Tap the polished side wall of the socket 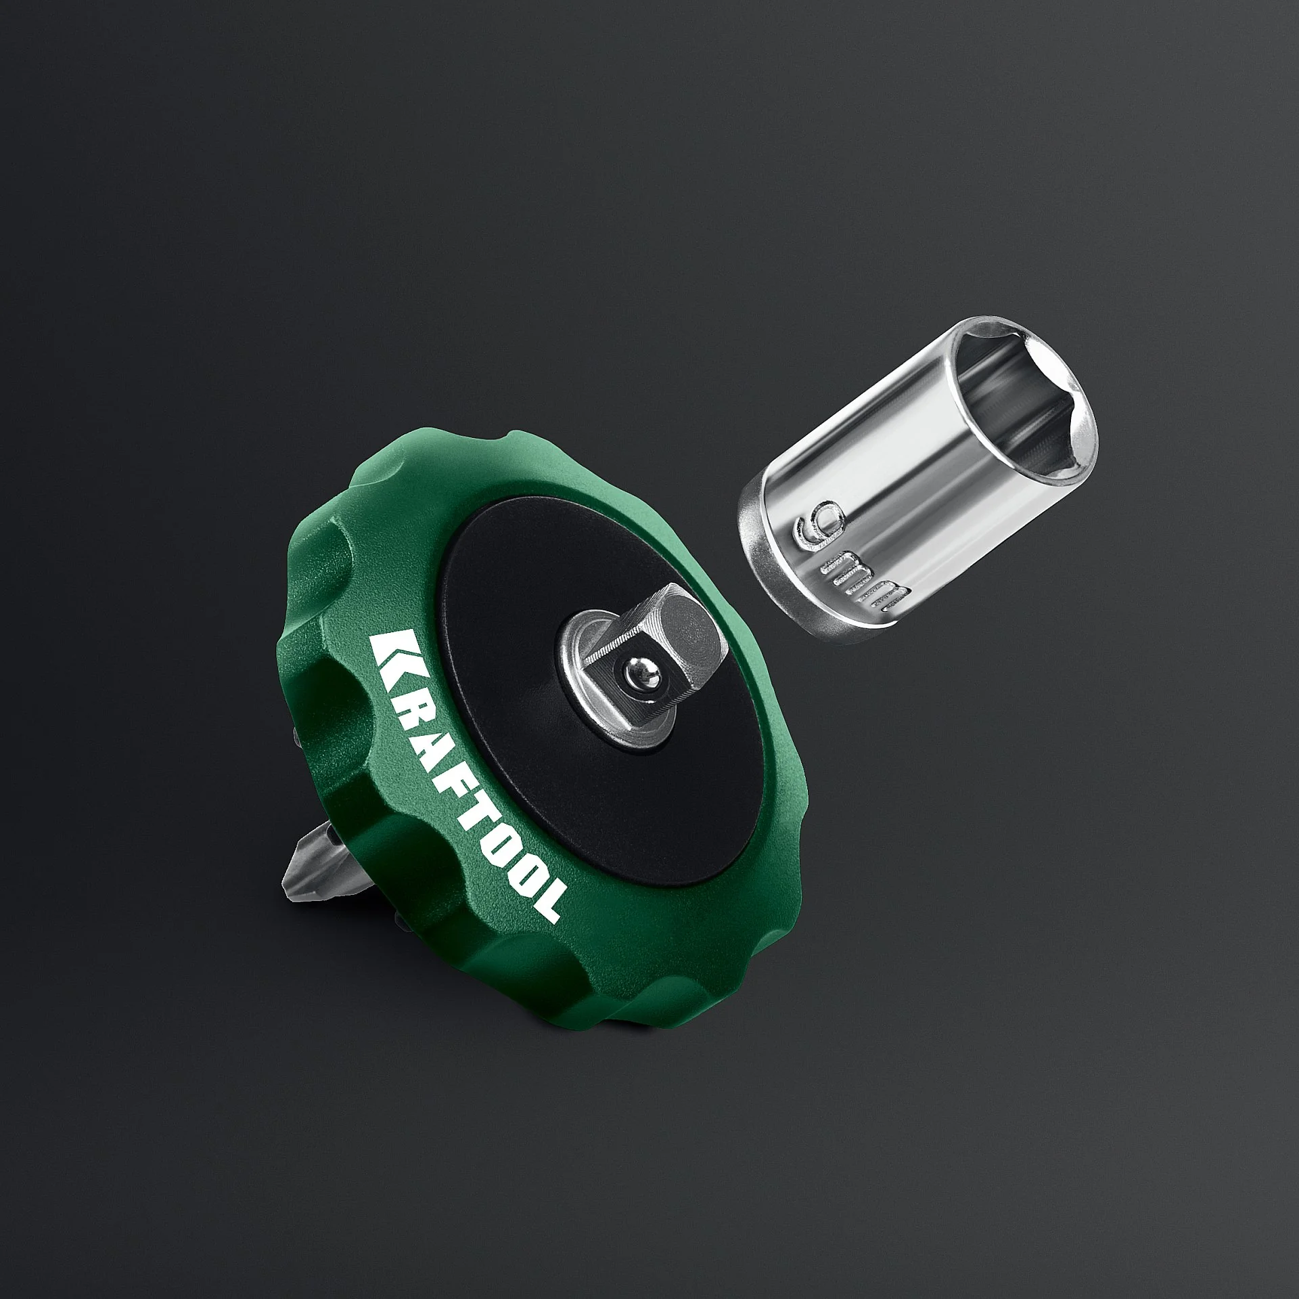(x=900, y=474)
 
